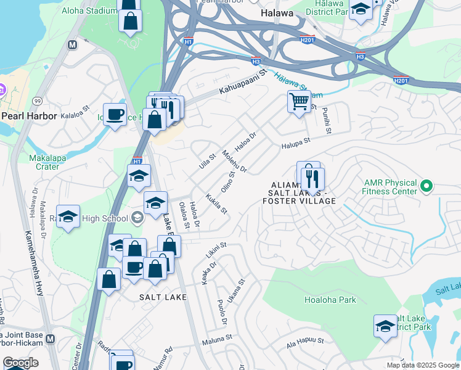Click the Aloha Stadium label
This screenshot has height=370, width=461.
coord(91,11)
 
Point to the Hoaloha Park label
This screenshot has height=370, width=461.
coord(330,300)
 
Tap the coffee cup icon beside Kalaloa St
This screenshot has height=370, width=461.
coord(115,115)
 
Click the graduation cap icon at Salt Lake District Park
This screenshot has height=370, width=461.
coord(385,326)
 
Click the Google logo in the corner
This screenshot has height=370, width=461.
coord(20,363)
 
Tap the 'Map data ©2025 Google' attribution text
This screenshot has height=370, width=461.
coord(422,365)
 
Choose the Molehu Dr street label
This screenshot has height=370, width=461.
coord(235,162)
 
